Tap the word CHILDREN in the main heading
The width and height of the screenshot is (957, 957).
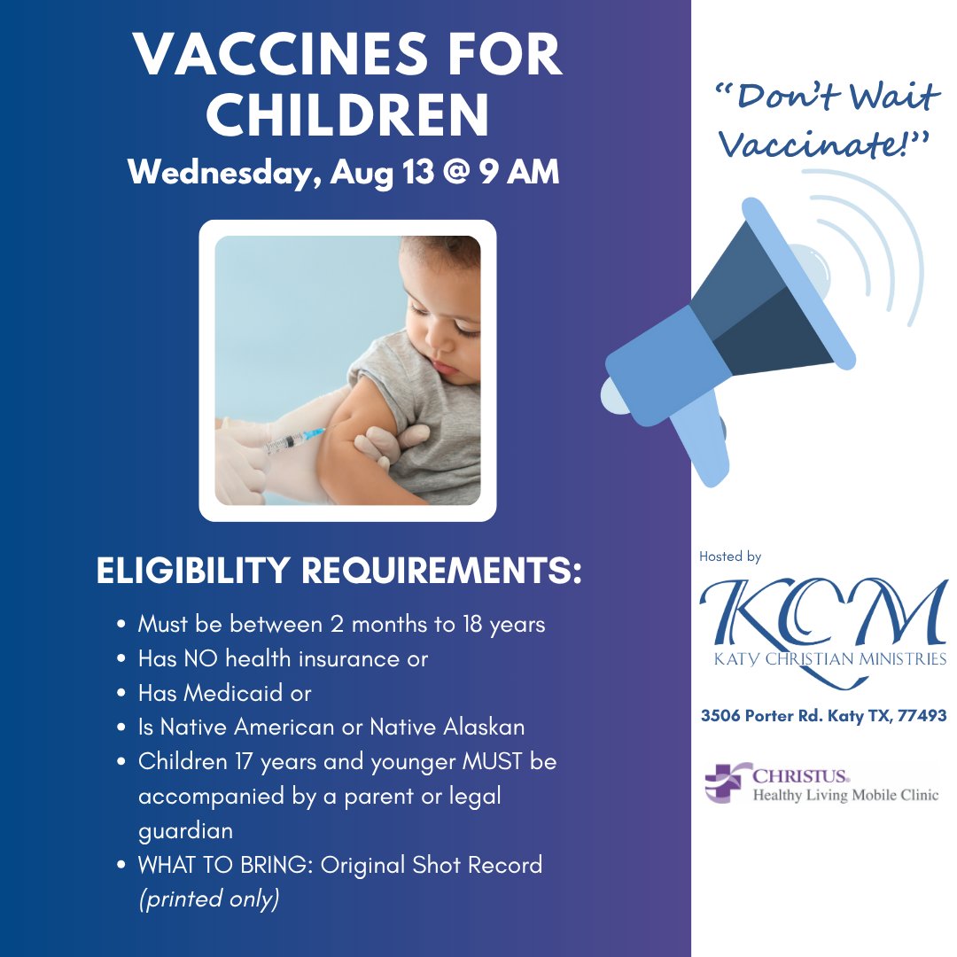354,115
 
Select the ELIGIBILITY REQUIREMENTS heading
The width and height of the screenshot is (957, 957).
338,572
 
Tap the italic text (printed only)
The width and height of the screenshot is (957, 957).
208,899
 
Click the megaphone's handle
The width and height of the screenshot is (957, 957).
701,444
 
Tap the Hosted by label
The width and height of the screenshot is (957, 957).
730,556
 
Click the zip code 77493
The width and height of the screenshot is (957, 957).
921,715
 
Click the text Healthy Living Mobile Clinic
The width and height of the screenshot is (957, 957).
844,795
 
